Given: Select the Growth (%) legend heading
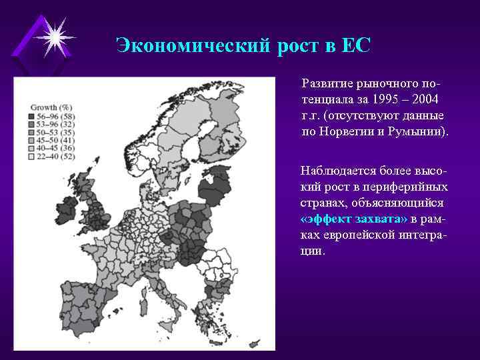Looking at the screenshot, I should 51,107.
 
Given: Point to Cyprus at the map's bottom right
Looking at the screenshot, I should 254,345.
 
